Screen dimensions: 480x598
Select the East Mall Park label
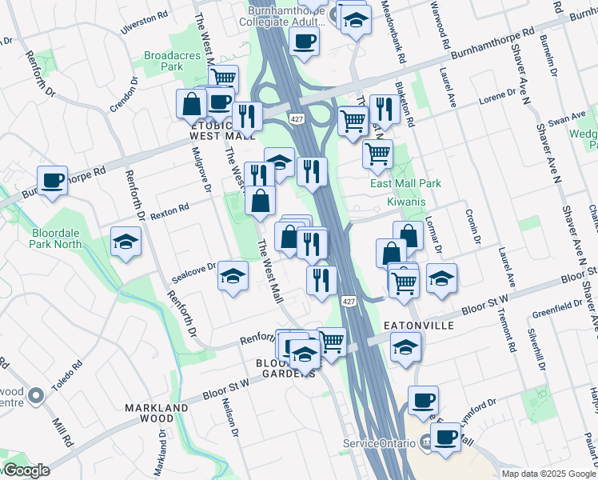tap(405, 183)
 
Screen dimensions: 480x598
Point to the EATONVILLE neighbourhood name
tap(419, 326)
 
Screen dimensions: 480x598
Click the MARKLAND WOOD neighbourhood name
tap(157, 413)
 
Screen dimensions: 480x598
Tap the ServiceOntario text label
tap(376, 443)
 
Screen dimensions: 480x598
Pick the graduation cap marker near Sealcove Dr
tap(233, 276)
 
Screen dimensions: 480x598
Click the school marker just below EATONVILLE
tap(405, 347)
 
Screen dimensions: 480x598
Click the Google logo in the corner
tap(26, 470)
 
